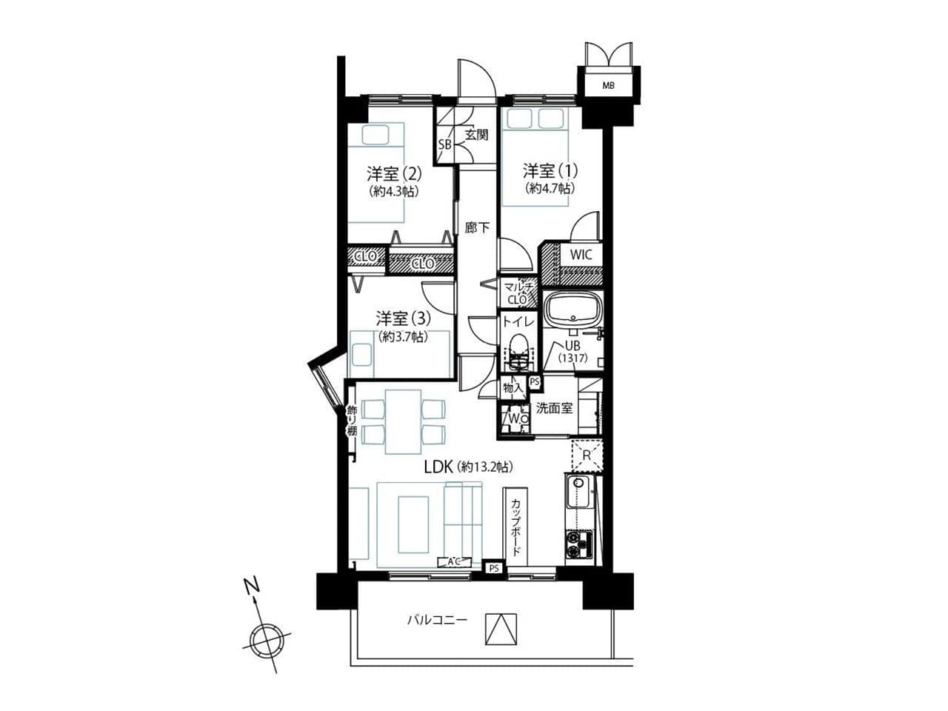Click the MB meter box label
tap(608, 85)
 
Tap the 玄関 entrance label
tap(476, 135)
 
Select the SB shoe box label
tap(444, 144)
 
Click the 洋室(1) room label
tap(550, 171)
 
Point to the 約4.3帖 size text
tap(394, 191)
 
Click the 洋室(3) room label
tap(403, 318)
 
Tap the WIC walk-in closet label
tap(581, 255)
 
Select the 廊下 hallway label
tap(477, 227)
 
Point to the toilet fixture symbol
tap(518, 352)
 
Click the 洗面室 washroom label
tap(554, 408)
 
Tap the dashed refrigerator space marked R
tap(587, 455)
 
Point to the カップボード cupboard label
tap(515, 527)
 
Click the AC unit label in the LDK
tap(453, 561)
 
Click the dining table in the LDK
tap(403, 421)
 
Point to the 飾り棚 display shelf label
tap(352, 421)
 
